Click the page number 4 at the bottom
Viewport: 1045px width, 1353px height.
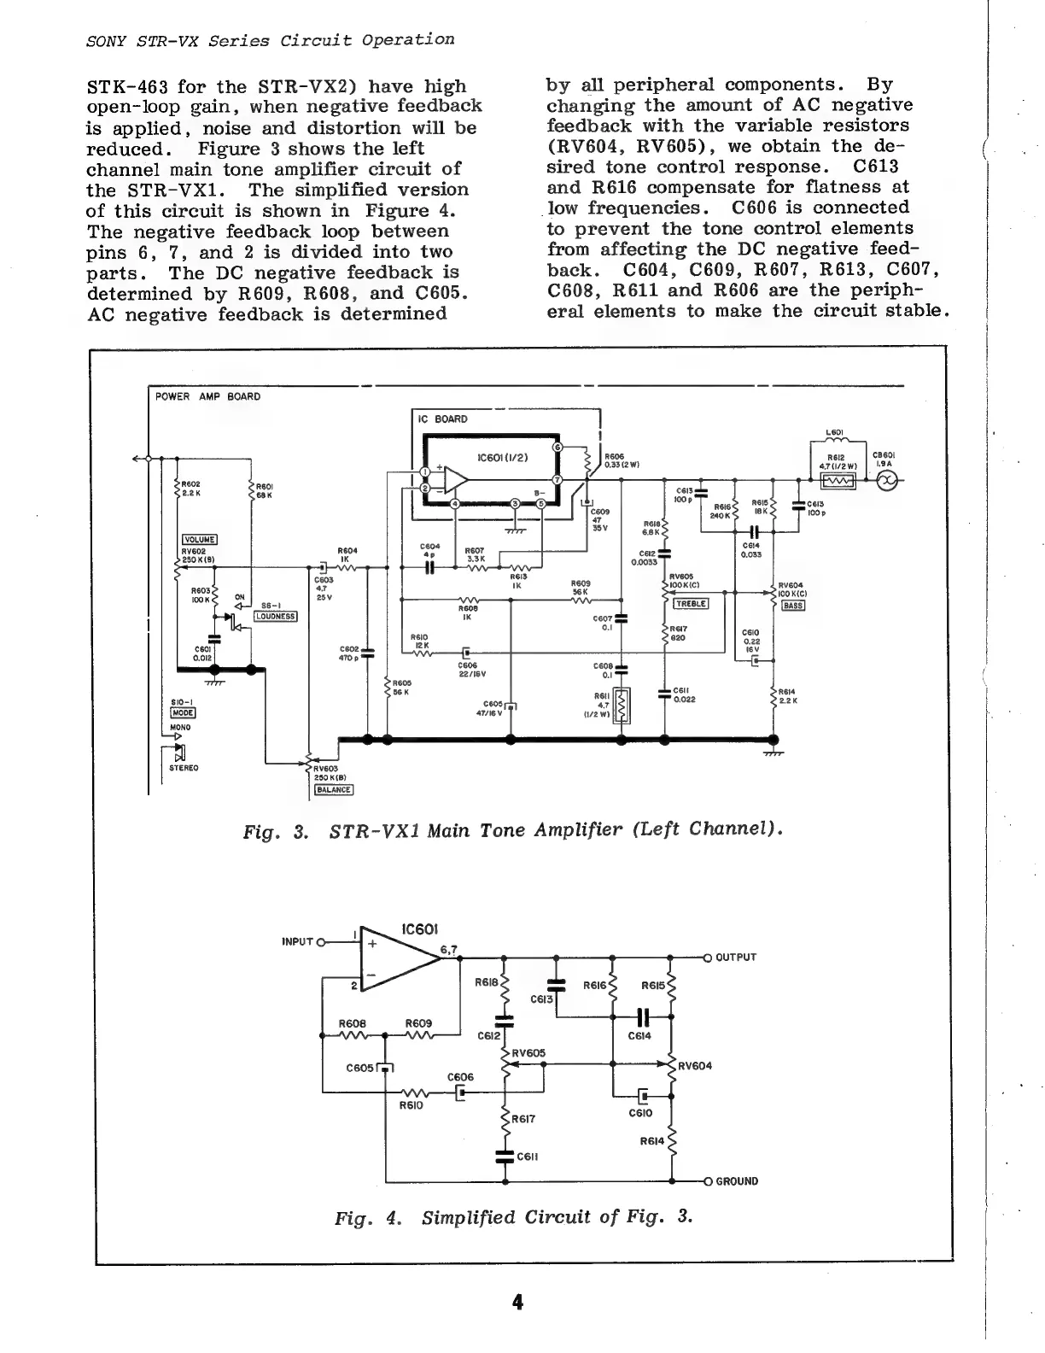pyautogui.click(x=517, y=1302)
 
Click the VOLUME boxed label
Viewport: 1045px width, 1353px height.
pyautogui.click(x=200, y=539)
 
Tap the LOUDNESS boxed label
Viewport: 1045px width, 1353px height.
pyautogui.click(x=275, y=616)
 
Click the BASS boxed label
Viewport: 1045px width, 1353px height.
pyautogui.click(x=793, y=606)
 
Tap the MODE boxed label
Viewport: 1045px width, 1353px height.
pyautogui.click(x=184, y=712)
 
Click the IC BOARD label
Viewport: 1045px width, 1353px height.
pyautogui.click(x=442, y=419)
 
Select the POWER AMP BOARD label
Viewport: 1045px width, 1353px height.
pyautogui.click(x=207, y=396)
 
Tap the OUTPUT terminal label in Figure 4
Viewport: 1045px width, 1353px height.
pyautogui.click(x=735, y=957)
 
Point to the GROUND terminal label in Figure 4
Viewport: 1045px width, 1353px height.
pyautogui.click(x=736, y=1181)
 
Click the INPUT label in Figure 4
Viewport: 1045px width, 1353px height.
pyautogui.click(x=298, y=941)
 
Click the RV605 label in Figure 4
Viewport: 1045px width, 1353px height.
pyautogui.click(x=528, y=1053)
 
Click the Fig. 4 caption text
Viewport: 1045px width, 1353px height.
pyautogui.click(x=512, y=1216)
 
